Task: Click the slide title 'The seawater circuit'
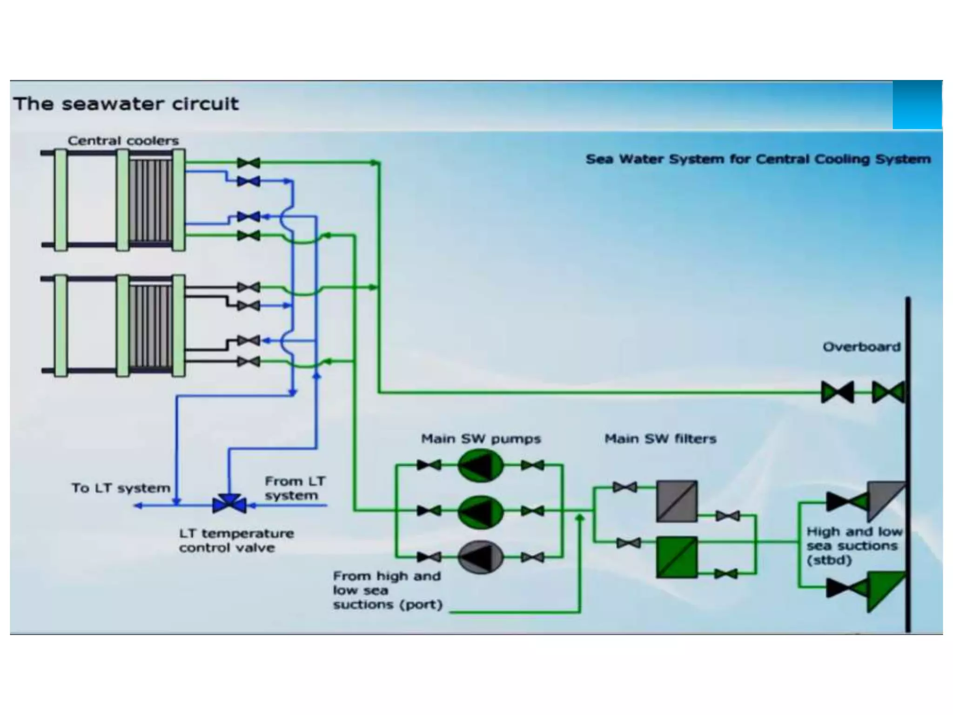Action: coord(126,103)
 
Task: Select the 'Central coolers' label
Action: coord(123,141)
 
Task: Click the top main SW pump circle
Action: coord(480,465)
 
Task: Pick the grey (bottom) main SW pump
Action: coord(480,557)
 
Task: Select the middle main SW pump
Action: coord(480,511)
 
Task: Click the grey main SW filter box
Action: coord(677,501)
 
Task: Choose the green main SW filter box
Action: coord(677,558)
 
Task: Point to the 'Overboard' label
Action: coord(861,347)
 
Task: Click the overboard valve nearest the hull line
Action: coord(888,392)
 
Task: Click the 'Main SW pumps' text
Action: coord(481,438)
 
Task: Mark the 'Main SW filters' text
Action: coord(660,438)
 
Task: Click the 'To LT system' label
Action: coord(121,488)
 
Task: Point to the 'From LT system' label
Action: coord(295,488)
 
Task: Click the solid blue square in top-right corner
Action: coord(917,105)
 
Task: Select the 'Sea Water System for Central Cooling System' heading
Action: coord(758,159)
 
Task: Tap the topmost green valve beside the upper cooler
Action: coord(248,163)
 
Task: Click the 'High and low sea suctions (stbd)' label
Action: coord(854,546)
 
